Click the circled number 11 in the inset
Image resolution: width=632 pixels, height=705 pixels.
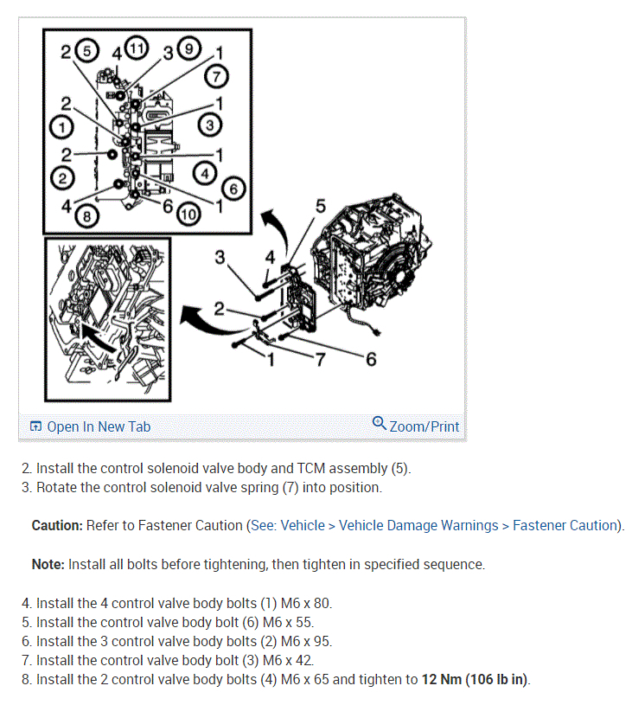coord(136,48)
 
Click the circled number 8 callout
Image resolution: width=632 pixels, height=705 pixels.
coord(85,216)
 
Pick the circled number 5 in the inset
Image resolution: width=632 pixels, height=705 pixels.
coord(86,50)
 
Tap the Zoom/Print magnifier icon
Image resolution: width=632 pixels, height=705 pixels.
coord(379,423)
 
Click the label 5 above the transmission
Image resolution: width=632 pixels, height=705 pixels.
coord(322,206)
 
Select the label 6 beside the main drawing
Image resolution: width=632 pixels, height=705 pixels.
coord(371,359)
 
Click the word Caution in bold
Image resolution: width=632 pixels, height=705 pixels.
coord(57,525)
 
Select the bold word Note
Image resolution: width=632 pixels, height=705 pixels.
coord(48,564)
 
